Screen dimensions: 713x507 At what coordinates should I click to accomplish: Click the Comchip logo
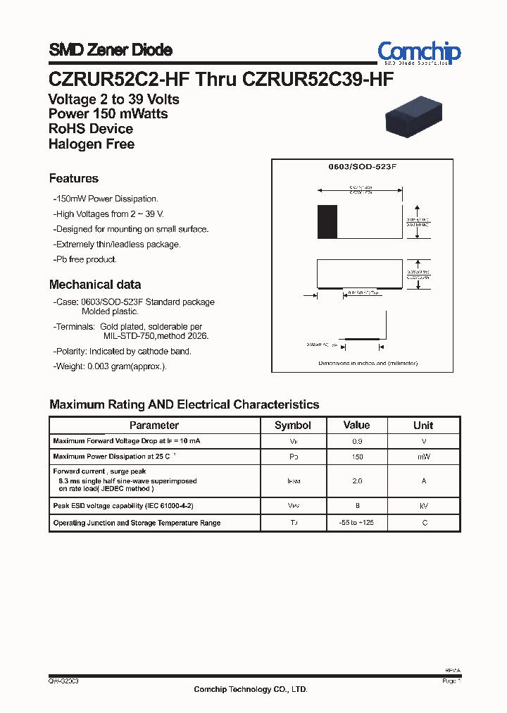pos(418,53)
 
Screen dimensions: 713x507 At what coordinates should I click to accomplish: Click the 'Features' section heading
pos(74,178)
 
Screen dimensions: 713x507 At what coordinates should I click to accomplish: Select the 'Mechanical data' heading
pos(95,285)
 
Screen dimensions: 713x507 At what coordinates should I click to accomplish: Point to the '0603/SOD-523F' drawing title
pos(363,168)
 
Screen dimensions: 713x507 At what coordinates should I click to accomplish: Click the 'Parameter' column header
pos(154,425)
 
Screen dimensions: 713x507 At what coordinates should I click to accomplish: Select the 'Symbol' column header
pos(292,425)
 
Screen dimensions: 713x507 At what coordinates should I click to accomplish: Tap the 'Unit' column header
pos(423,425)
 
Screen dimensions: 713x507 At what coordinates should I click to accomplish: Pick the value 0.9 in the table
pos(356,441)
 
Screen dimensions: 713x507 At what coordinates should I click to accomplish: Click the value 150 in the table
pos(356,457)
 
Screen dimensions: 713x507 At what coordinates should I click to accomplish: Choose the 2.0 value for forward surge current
pos(356,480)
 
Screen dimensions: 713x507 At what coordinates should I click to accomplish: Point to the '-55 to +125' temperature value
pos(356,523)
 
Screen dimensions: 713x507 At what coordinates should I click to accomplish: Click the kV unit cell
pos(423,506)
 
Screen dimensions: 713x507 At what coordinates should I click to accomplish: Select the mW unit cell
pos(423,457)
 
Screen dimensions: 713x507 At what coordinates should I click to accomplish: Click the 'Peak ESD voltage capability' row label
pos(123,506)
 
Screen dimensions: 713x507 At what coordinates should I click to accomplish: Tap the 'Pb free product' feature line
pos(85,259)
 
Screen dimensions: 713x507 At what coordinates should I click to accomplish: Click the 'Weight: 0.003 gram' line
pos(110,366)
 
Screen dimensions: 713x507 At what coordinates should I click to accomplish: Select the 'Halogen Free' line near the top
pos(92,144)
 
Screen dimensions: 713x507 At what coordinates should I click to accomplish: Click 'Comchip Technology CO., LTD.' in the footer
pos(251,689)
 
